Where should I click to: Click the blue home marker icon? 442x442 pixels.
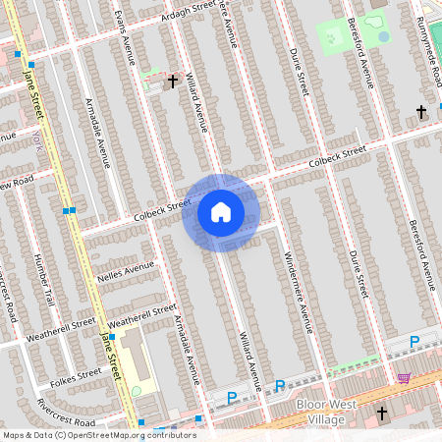click(x=221, y=212)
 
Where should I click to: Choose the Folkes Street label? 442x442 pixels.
click(x=77, y=374)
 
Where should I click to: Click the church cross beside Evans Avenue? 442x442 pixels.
click(x=173, y=82)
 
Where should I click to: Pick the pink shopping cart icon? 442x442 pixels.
click(x=403, y=377)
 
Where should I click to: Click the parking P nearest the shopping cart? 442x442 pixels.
click(x=414, y=341)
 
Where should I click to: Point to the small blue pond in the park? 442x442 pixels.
click(x=383, y=36)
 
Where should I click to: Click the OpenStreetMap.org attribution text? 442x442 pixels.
click(x=128, y=435)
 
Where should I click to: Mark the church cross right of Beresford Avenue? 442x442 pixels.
click(x=422, y=112)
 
